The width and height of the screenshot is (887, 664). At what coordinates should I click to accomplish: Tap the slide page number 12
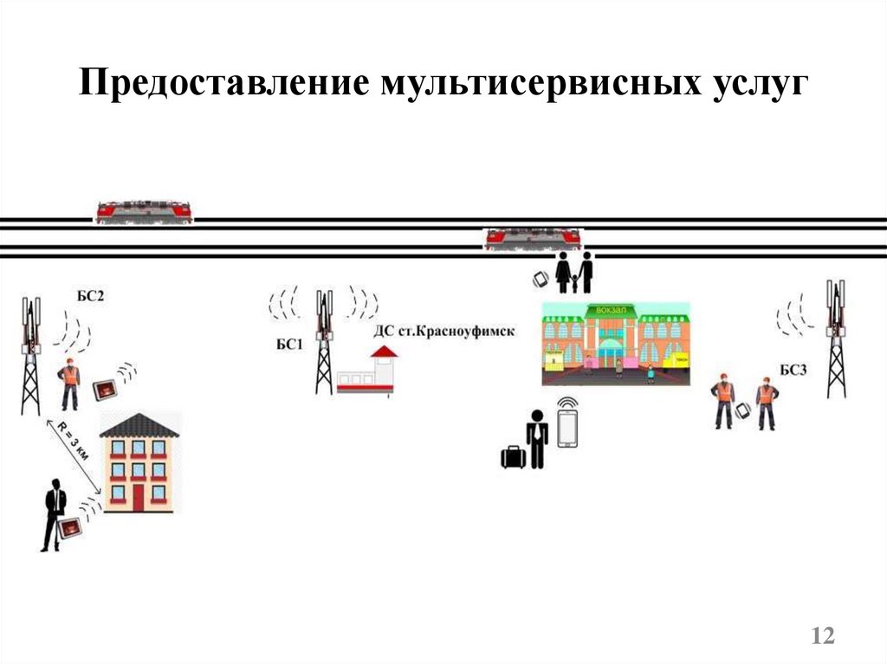(822, 636)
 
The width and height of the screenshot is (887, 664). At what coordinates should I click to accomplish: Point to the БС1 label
(289, 345)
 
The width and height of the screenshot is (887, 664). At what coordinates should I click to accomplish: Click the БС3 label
(793, 371)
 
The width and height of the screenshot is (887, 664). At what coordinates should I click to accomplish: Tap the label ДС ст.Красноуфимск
(443, 331)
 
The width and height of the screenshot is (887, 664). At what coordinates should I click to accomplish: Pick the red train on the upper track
(144, 210)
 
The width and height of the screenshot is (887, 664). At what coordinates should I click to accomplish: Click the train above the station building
(532, 237)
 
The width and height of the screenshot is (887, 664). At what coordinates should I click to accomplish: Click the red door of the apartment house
(139, 495)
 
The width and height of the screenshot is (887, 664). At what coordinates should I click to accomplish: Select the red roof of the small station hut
(384, 351)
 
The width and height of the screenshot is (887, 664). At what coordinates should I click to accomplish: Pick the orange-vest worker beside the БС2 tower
(69, 384)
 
